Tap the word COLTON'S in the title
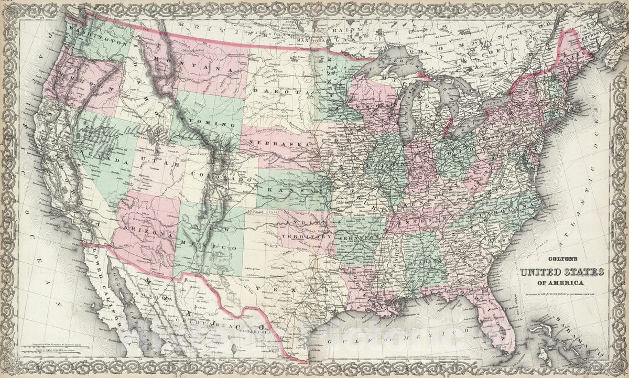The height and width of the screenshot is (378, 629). tap(560, 258)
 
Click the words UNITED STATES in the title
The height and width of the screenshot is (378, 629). tap(561, 272)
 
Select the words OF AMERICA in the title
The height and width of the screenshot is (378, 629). tap(561, 284)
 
